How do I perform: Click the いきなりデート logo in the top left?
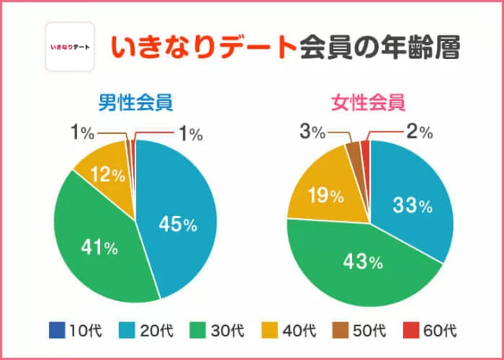pos(70,47)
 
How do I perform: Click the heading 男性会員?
pos(135,102)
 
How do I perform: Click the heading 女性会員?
pos(369,102)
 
